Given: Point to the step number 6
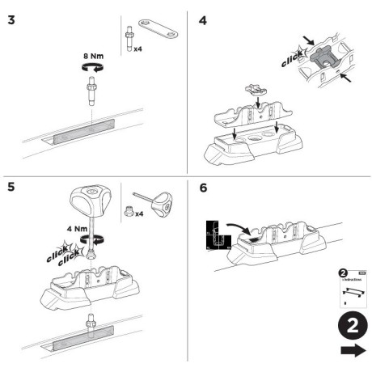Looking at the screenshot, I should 203,188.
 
